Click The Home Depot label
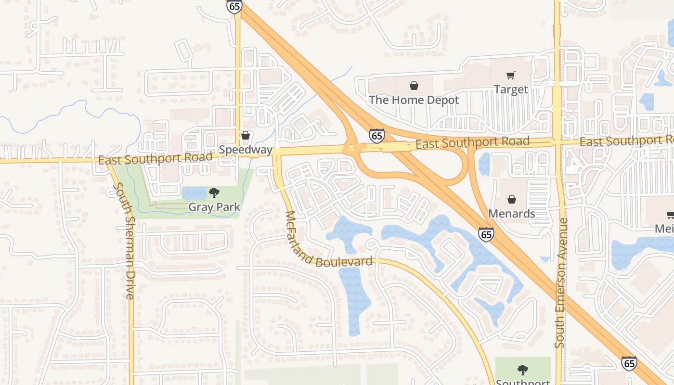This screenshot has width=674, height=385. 414,100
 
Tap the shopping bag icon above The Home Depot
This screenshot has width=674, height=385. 414,86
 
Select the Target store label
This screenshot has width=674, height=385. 511,90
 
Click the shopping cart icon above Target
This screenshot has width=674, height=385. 510,75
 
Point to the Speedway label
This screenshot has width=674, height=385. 246,150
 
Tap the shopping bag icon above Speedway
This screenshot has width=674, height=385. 246,136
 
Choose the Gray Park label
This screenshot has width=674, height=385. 214,207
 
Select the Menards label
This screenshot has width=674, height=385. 512,213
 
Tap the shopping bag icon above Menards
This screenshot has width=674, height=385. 512,199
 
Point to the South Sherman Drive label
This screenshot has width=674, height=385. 123,241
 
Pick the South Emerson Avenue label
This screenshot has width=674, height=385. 561,283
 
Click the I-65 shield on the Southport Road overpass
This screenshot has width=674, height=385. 377,136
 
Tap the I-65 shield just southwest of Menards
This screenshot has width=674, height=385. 486,234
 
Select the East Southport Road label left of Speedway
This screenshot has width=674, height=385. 155,158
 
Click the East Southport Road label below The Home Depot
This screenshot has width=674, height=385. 472,143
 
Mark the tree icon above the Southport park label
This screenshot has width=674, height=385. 522,370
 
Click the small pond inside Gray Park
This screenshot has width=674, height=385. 194,193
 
